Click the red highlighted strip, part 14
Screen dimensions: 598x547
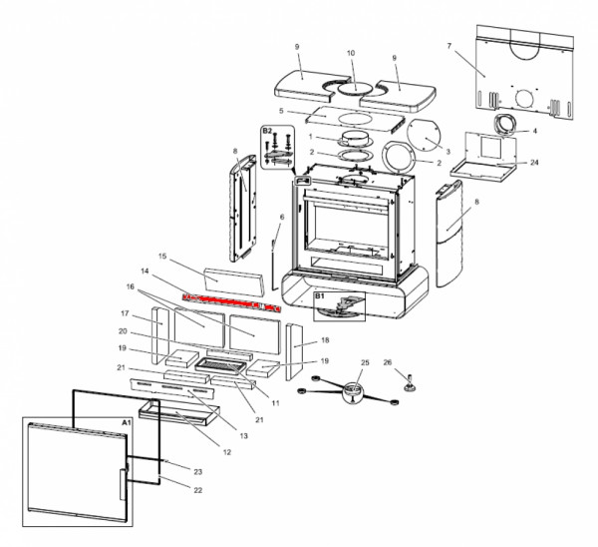point(231,302)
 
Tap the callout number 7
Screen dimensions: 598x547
point(449,46)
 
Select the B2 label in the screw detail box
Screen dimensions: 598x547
point(267,131)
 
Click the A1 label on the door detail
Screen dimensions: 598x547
point(127,422)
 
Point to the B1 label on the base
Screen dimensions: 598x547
point(319,296)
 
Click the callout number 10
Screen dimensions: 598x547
point(351,53)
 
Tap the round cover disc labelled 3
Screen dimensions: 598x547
point(424,135)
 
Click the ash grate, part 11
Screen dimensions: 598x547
point(220,365)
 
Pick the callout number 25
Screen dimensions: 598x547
point(365,362)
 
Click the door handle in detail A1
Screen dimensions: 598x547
point(124,484)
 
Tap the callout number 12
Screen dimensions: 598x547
point(227,452)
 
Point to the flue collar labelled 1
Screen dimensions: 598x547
point(354,140)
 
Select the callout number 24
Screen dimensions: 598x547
point(534,163)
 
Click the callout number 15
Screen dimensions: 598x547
point(162,256)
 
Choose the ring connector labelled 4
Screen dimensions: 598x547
point(505,125)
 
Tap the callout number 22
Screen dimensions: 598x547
point(197,490)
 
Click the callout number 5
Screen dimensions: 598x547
point(281,111)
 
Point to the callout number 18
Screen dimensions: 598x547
point(325,340)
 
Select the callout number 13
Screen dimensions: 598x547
point(244,435)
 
